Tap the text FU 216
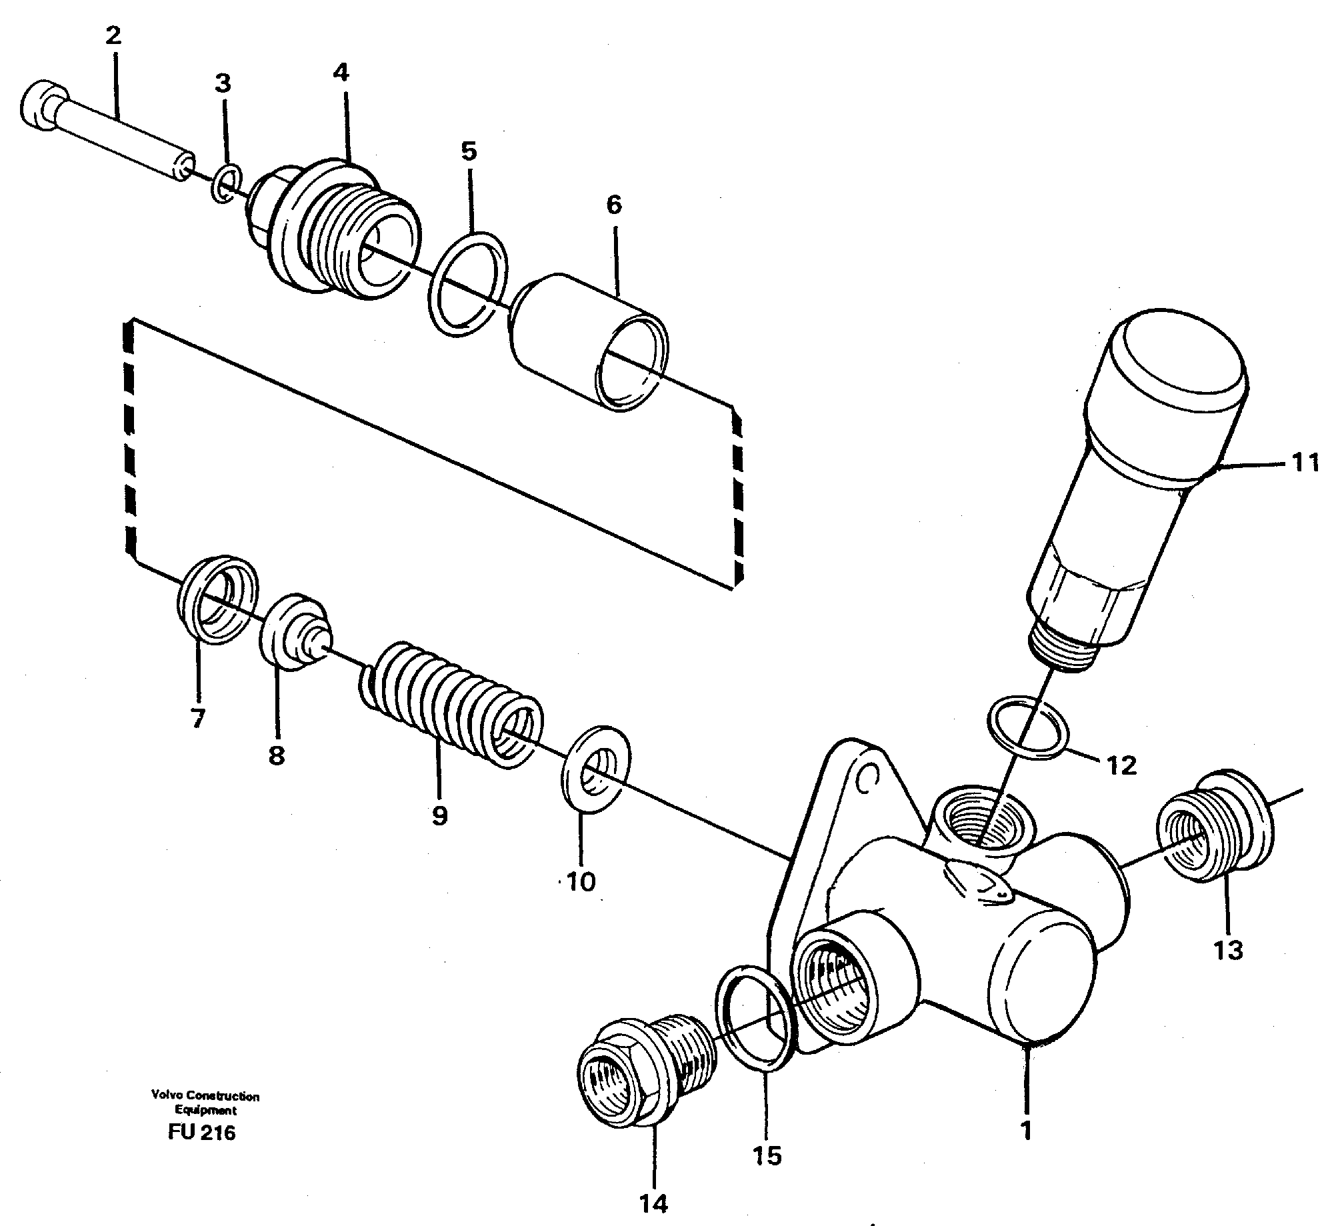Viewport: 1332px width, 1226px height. pyautogui.click(x=202, y=1133)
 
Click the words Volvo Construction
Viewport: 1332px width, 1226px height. pyautogui.click(x=205, y=1096)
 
